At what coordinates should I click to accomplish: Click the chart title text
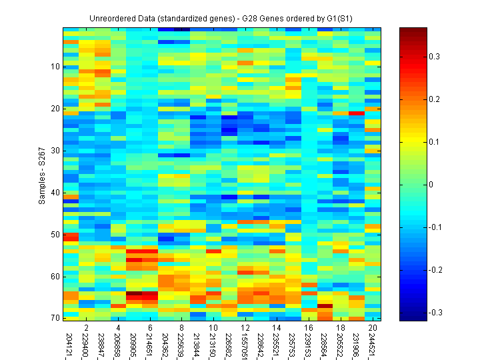pyautogui.click(x=221, y=18)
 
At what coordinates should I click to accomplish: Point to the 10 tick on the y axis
pyautogui.click(x=55, y=67)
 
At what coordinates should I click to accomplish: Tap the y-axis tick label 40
pyautogui.click(x=55, y=193)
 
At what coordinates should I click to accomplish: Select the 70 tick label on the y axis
pyautogui.click(x=55, y=318)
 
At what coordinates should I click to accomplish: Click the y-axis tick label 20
pyautogui.click(x=55, y=109)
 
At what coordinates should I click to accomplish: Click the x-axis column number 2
pyautogui.click(x=86, y=328)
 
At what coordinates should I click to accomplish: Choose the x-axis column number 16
pyautogui.click(x=308, y=328)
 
